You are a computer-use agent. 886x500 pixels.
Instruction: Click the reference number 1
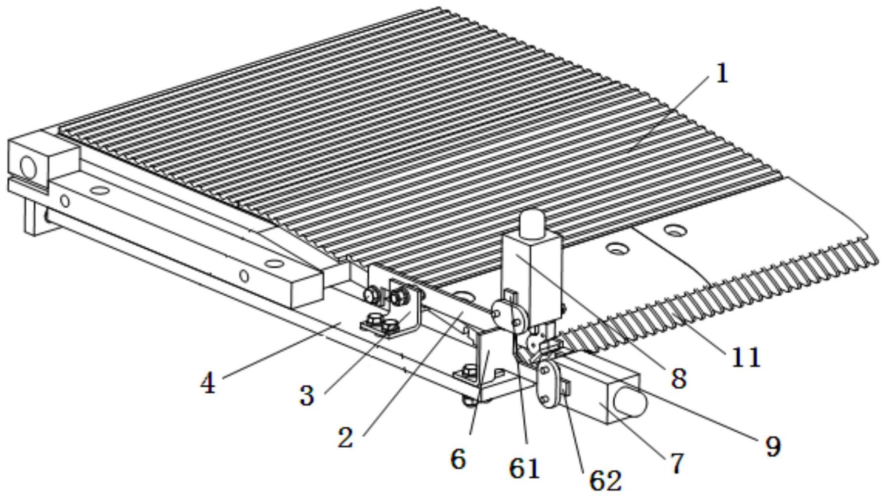[722, 74]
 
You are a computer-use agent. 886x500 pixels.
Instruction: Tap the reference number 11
[745, 357]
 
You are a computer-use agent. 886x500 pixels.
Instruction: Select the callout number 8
[679, 379]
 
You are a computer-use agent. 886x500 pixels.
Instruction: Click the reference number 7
[676, 463]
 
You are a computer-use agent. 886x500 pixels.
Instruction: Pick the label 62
[605, 480]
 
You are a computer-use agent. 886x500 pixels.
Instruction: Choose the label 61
[524, 468]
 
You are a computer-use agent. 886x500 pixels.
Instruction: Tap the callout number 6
[458, 459]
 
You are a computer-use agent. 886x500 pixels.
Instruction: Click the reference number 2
[346, 437]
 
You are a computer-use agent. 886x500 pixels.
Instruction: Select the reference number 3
[307, 396]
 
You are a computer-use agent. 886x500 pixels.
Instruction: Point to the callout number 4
[208, 383]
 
